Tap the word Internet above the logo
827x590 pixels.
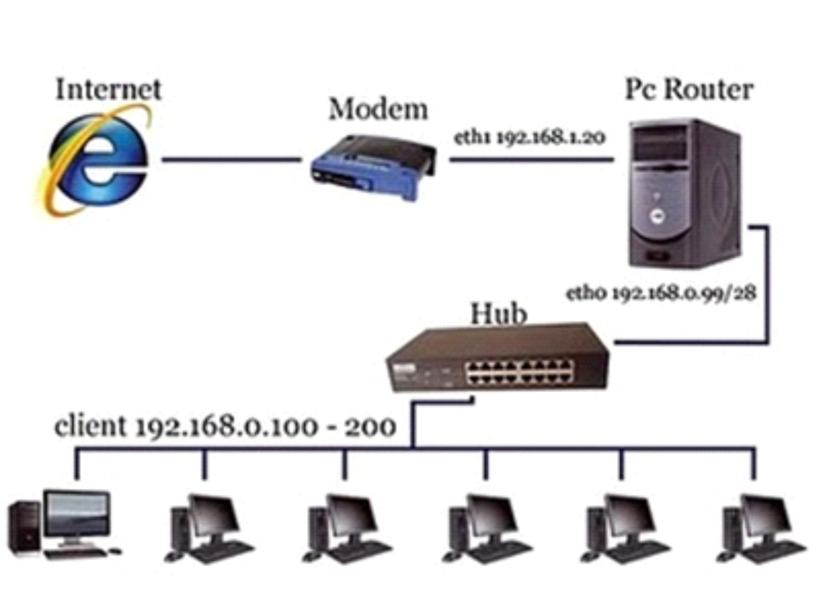[x=108, y=89]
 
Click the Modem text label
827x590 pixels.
[x=378, y=110]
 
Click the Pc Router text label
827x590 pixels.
[x=689, y=89]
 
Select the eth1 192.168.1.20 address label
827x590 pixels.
[x=529, y=137]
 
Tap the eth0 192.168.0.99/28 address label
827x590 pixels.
[x=661, y=292]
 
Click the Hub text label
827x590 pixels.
[x=498, y=313]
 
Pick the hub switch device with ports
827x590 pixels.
[x=497, y=360]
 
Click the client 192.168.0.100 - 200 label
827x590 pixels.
[x=225, y=426]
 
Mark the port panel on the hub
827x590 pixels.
[x=519, y=371]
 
